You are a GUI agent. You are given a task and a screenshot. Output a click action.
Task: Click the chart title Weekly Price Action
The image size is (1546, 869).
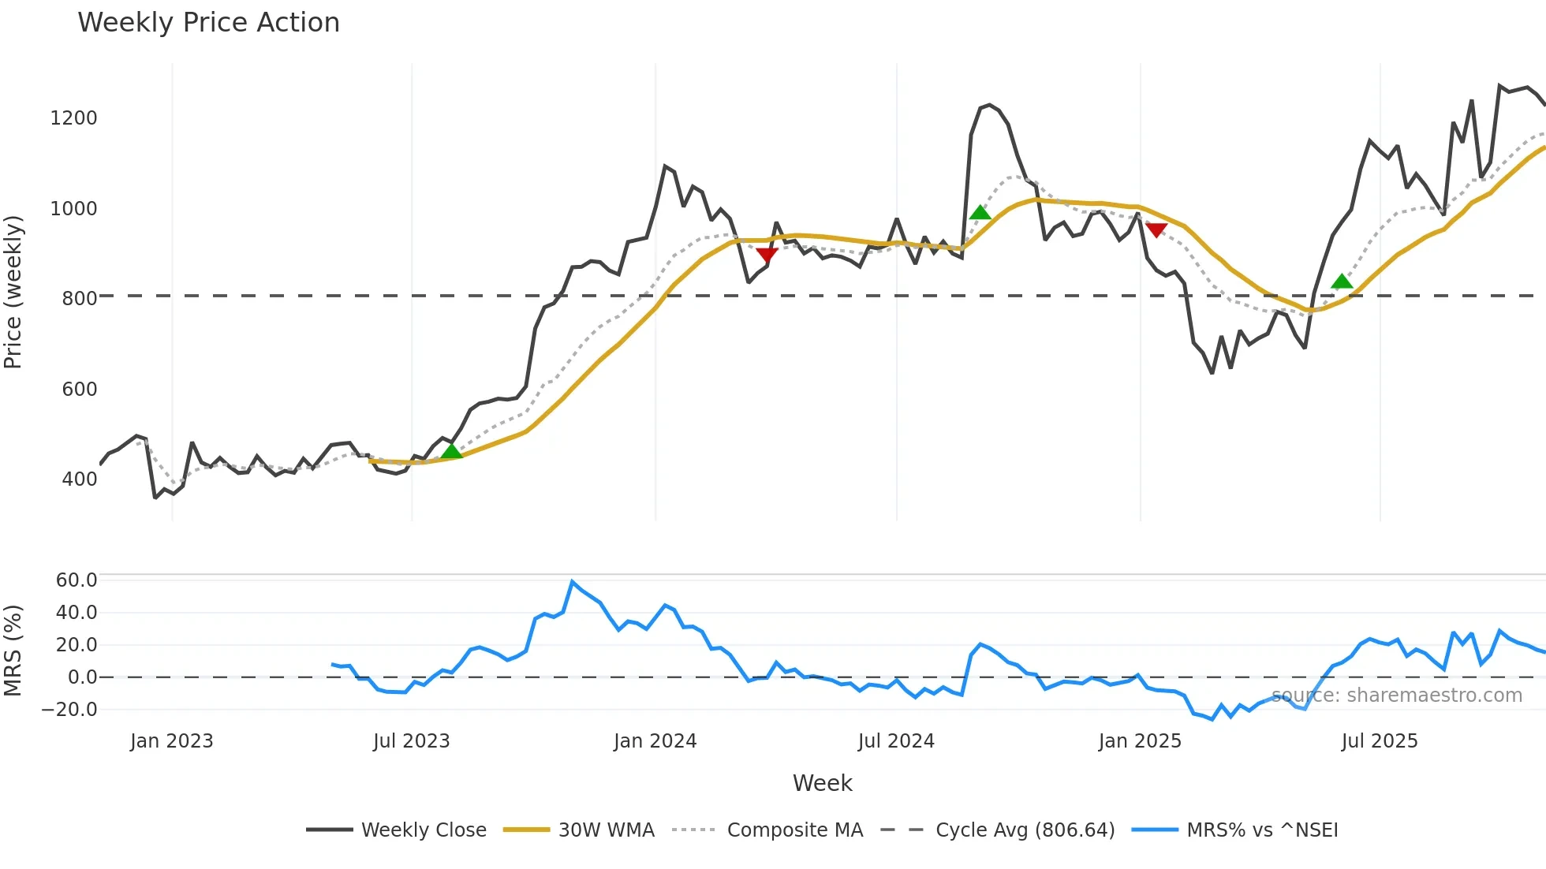[x=208, y=23]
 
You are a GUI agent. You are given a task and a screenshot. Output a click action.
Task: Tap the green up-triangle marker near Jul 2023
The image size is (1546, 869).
[x=451, y=451]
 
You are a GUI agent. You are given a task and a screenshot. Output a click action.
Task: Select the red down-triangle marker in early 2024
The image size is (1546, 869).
[x=767, y=254]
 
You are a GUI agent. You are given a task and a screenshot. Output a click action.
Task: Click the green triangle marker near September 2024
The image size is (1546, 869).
[x=980, y=212]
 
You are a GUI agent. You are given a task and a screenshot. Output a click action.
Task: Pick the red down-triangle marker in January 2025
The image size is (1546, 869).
[x=1156, y=229]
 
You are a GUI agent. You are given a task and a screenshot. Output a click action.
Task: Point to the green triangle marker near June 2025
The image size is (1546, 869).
[x=1342, y=282]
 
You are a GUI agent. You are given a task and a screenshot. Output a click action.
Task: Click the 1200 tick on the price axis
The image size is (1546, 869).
[x=73, y=118]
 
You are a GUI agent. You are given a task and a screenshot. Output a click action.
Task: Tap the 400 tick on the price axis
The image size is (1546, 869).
[x=79, y=479]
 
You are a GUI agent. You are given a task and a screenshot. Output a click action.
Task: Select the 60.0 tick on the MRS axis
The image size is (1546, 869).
[x=77, y=580]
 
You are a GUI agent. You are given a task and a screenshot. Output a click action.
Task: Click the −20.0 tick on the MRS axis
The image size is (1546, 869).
[x=69, y=710]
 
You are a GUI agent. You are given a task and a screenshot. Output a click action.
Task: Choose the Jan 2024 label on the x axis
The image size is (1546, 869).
[x=655, y=741]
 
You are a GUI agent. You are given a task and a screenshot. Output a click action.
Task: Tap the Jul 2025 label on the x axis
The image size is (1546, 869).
[x=1379, y=741]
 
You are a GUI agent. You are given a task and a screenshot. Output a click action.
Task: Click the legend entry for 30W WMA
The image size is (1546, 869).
[x=606, y=830]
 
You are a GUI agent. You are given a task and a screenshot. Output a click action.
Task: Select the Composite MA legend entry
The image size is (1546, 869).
[x=794, y=830]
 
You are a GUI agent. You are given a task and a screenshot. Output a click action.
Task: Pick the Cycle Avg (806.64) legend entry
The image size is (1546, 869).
[x=1025, y=830]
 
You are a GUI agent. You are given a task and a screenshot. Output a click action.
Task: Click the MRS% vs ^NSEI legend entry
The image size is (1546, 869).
[x=1262, y=830]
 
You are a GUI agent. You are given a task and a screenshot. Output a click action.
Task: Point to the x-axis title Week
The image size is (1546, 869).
[x=822, y=783]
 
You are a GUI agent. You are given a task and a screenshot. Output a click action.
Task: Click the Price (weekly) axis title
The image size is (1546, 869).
[x=13, y=292]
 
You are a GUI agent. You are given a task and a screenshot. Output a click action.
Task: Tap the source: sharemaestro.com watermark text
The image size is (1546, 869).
[x=1396, y=696]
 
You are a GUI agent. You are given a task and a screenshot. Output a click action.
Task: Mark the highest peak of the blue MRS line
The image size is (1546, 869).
[x=573, y=582]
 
